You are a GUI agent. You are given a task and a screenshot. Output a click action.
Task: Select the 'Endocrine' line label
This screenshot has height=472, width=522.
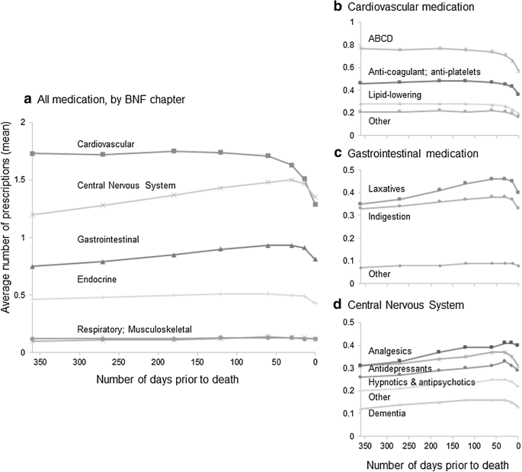[x=97, y=279]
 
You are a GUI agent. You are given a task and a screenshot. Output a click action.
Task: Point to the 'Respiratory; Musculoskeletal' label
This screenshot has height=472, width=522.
[x=133, y=329]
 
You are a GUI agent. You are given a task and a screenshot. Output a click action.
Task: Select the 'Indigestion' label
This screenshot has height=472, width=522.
[x=390, y=217]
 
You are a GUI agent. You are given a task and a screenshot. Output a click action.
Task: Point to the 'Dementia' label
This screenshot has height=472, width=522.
[x=387, y=413]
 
